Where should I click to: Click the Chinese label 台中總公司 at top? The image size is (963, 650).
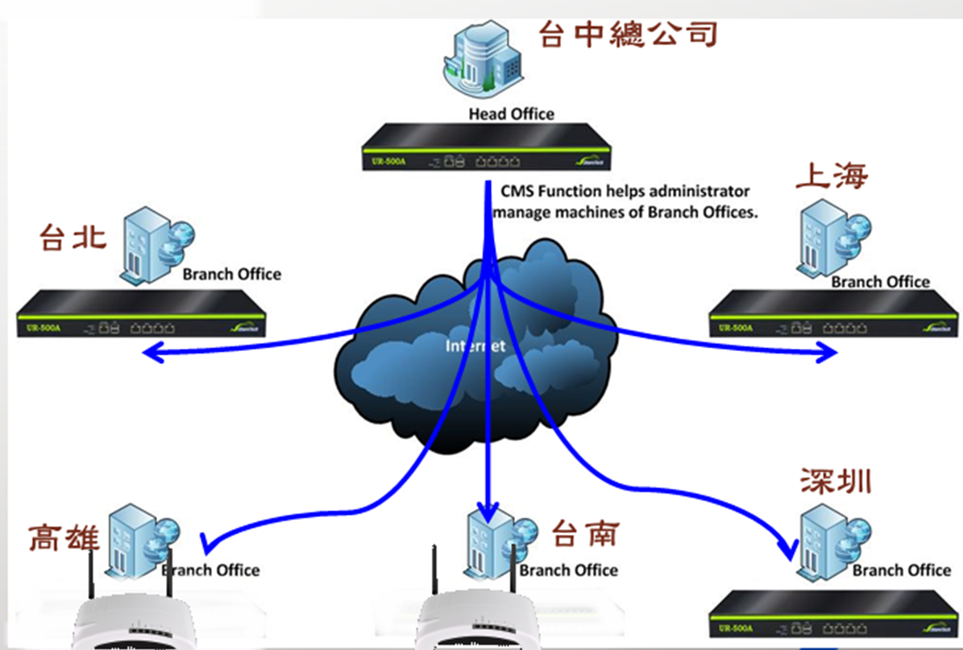[628, 35]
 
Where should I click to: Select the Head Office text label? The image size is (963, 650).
[511, 114]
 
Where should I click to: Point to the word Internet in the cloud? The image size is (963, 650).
[476, 346]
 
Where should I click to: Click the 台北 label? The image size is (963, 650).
[73, 238]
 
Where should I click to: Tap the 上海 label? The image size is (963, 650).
[831, 176]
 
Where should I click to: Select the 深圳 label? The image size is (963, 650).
[836, 481]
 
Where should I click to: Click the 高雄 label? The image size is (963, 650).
[64, 537]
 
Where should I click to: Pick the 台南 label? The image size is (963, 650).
[585, 533]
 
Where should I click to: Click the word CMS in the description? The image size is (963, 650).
[518, 192]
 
